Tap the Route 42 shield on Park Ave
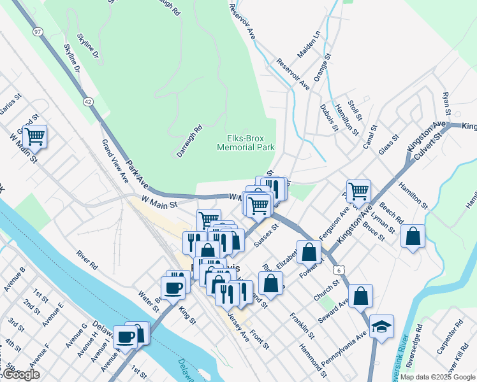(87, 101)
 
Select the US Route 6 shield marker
(336, 271)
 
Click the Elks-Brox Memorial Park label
(246, 142)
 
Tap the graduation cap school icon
(381, 326)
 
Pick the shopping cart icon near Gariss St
(34, 135)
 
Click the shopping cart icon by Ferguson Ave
(360, 189)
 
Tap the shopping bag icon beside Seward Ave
(360, 295)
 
